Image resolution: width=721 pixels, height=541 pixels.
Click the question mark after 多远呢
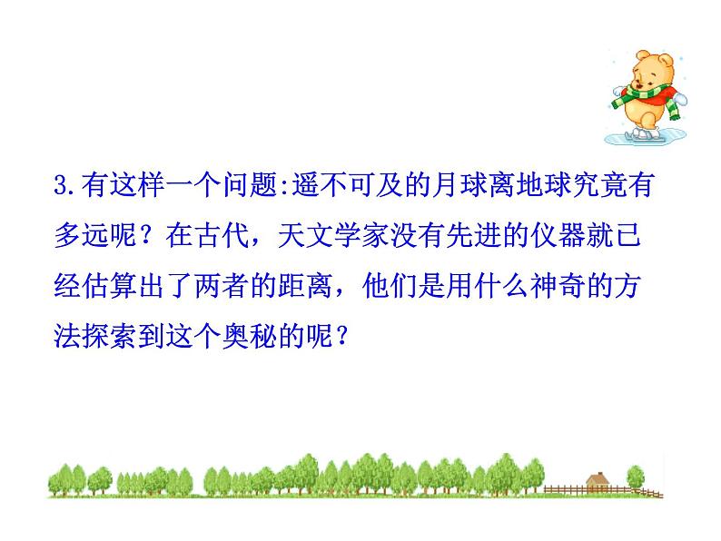(151, 237)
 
